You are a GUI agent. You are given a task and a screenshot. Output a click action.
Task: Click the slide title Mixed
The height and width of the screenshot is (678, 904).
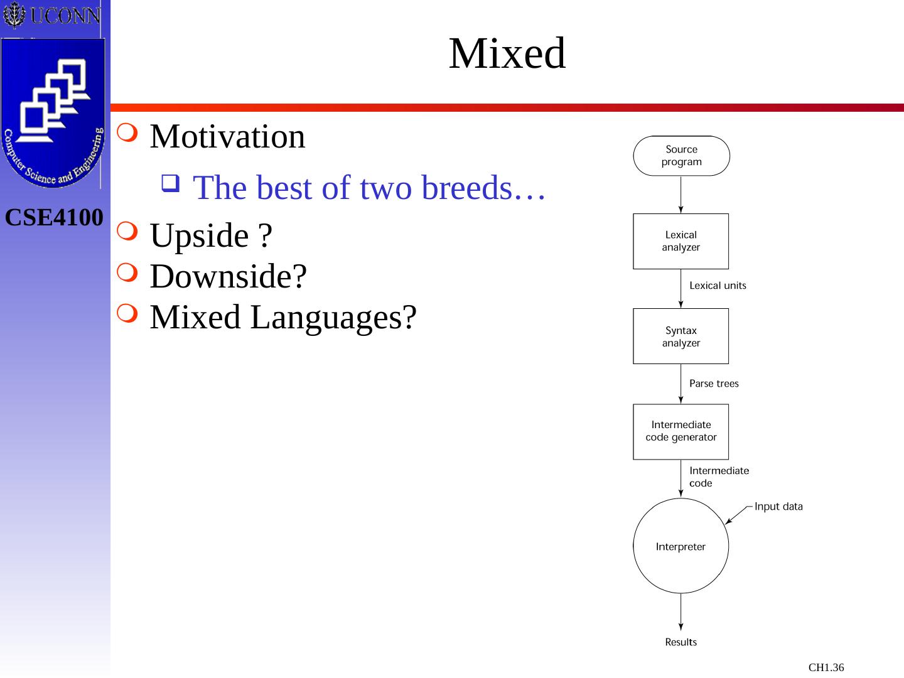(507, 53)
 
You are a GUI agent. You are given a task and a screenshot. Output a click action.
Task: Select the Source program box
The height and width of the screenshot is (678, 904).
(681, 156)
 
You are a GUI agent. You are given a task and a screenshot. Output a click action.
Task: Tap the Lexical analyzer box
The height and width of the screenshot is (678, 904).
(681, 241)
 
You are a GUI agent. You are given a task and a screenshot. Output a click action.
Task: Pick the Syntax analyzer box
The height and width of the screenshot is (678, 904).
(681, 336)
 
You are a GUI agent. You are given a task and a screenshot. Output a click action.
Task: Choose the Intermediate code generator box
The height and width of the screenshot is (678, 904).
(681, 431)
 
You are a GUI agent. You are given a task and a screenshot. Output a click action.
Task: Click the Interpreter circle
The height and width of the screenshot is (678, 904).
(681, 546)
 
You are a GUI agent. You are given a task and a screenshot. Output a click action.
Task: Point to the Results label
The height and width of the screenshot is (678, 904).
(681, 642)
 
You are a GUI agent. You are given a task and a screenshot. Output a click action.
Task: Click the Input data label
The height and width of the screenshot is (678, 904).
(778, 507)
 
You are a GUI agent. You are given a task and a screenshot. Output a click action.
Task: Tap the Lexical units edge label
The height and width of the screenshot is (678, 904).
(718, 286)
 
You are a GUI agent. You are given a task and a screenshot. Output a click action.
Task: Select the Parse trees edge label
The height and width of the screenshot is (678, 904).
(714, 384)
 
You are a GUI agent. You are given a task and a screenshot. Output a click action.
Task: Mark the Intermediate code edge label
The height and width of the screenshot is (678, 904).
(719, 477)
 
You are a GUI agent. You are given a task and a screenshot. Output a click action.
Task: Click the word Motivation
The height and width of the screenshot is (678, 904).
(227, 137)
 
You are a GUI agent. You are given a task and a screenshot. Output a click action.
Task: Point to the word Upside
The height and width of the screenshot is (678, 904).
(200, 235)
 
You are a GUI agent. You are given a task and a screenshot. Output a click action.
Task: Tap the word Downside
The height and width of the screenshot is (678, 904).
(228, 276)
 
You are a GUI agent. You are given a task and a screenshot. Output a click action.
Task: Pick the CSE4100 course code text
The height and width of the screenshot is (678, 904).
(54, 218)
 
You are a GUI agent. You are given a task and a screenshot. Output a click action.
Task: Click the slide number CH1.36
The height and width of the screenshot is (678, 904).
(826, 667)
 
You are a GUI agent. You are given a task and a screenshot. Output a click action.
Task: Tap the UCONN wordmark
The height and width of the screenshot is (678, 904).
(64, 16)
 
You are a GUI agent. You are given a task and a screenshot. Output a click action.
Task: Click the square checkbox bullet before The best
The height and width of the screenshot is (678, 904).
(169, 183)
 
